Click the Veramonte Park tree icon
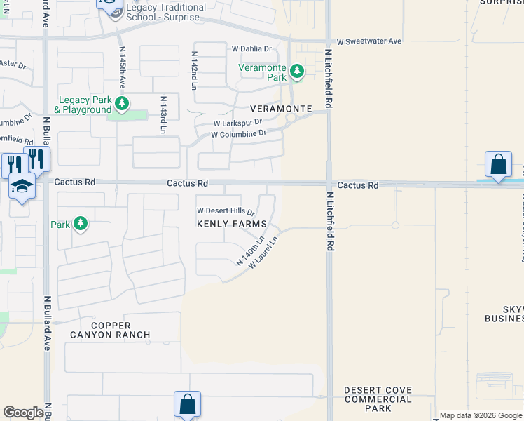click(x=297, y=71)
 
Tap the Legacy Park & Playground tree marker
click(x=123, y=105)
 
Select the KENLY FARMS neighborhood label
click(x=231, y=224)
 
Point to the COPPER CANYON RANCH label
click(x=110, y=330)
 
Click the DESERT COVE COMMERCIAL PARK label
click(x=378, y=399)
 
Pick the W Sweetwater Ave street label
click(x=368, y=41)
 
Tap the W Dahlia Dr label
click(x=251, y=49)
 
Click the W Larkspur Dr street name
click(x=242, y=123)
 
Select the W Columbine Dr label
click(x=239, y=133)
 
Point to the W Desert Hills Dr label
click(x=226, y=210)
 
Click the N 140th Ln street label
click(x=250, y=251)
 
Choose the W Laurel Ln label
click(x=263, y=253)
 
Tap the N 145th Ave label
click(x=123, y=67)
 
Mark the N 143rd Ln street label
click(x=163, y=114)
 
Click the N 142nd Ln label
click(x=194, y=69)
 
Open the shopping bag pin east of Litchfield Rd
click(x=497, y=166)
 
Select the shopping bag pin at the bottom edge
click(x=187, y=404)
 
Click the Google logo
click(x=23, y=413)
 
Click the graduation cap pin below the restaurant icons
click(x=22, y=187)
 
